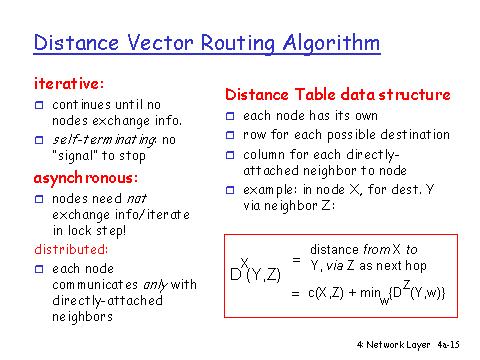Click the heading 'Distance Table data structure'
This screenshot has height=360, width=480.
pos(337,95)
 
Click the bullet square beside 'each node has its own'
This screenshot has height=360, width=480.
pos(229,117)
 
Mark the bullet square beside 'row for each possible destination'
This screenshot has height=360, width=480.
pos(229,136)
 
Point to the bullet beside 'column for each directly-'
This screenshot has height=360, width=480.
pos(229,155)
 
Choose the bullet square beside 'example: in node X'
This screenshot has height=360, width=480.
pos(229,191)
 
